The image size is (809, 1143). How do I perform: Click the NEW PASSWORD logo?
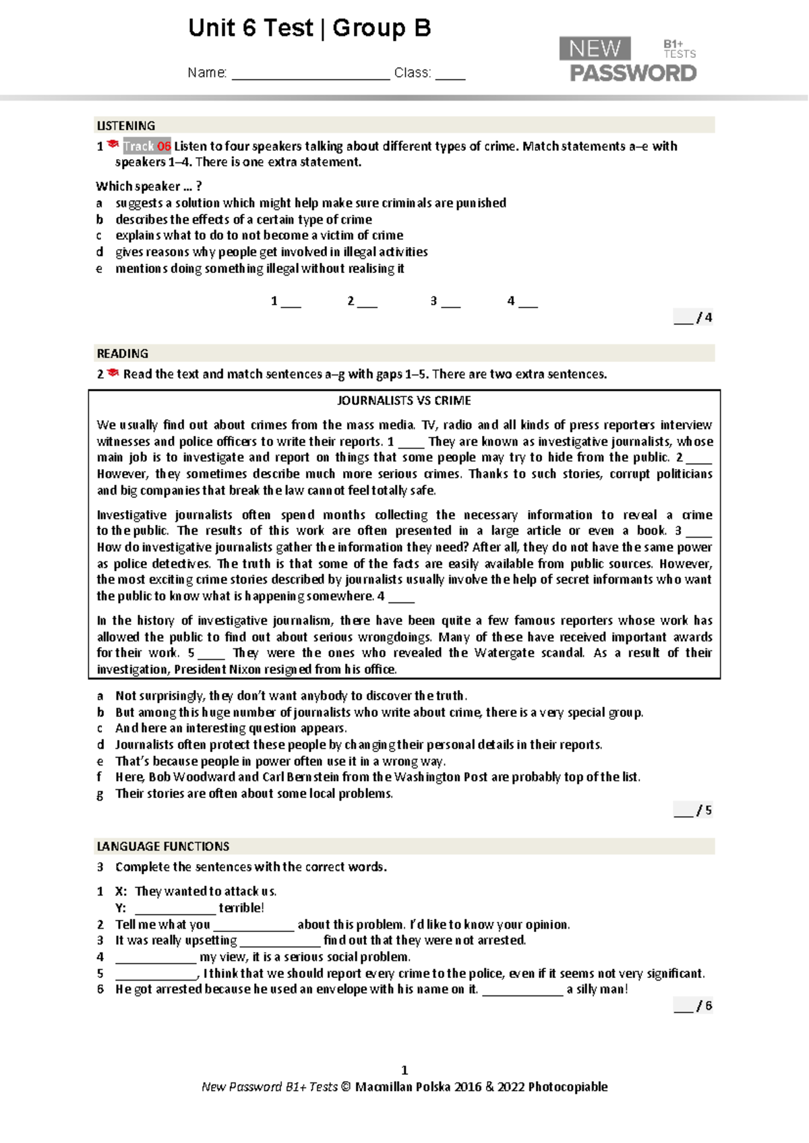coord(628,60)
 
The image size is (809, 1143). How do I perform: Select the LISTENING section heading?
coord(126,126)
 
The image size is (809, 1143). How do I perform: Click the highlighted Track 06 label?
coord(147,146)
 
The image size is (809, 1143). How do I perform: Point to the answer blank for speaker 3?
coord(450,303)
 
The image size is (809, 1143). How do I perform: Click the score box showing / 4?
coord(693,318)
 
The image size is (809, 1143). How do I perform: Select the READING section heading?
coord(122,354)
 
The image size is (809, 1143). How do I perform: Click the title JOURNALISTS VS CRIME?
coord(404,400)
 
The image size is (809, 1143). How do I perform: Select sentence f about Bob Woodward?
coord(378,777)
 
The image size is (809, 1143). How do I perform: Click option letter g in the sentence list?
coord(100,794)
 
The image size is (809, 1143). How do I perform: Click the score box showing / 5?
coord(693,811)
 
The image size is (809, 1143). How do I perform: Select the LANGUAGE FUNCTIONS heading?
coord(163,846)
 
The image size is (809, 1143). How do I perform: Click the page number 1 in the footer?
coord(404,1070)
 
